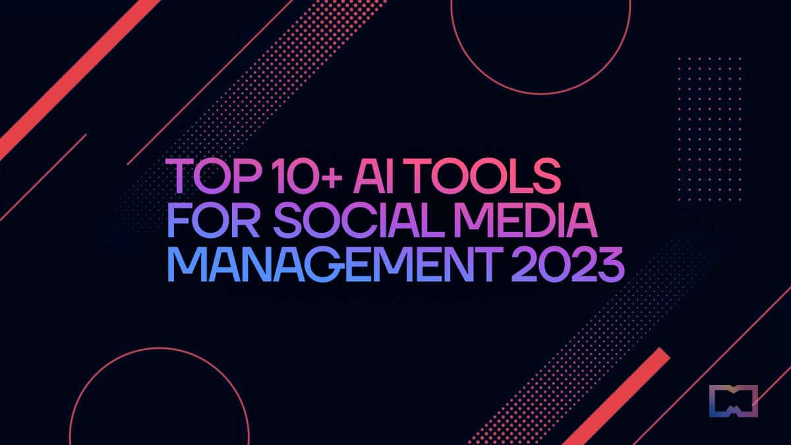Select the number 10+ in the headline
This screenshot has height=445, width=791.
[x=309, y=176]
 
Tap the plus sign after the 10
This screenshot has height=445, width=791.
[x=332, y=177]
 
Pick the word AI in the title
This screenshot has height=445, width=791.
[x=373, y=176]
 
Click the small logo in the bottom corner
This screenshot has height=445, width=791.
[x=734, y=401]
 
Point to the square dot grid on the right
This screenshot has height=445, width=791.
[x=709, y=129]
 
